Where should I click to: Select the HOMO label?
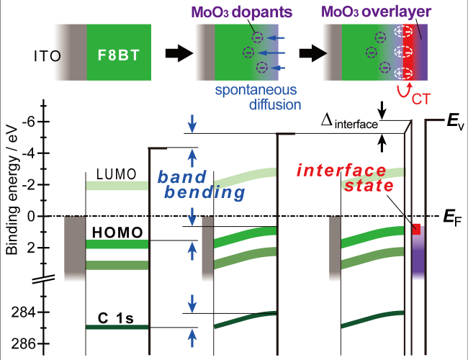click(x=115, y=231)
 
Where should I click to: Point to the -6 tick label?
click(x=29, y=122)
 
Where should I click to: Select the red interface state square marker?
click(x=415, y=230)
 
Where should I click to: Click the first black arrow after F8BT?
click(x=175, y=53)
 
